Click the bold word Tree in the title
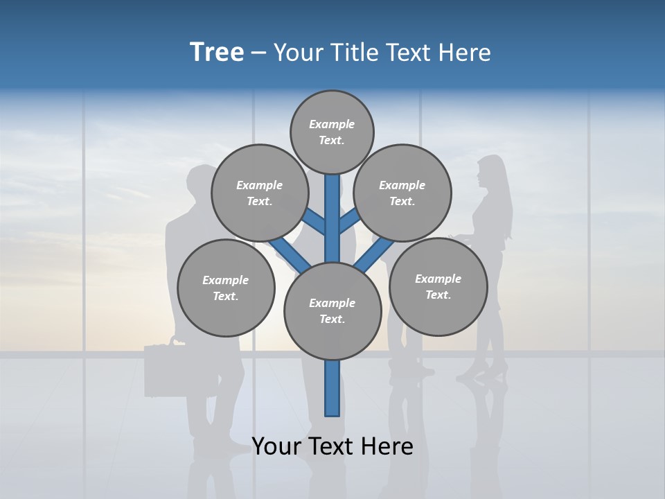point(217,52)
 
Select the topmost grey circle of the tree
point(332,132)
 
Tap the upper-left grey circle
point(260,193)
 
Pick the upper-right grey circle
point(402,193)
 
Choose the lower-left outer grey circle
point(226,288)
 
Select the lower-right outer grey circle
point(438,286)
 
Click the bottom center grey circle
point(332,310)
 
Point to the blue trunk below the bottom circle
point(332,388)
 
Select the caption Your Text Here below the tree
point(332,446)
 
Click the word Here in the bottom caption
point(387,446)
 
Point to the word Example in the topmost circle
point(332,124)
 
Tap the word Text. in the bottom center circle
point(332,319)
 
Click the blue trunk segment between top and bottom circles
point(332,218)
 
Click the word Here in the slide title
point(465,53)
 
